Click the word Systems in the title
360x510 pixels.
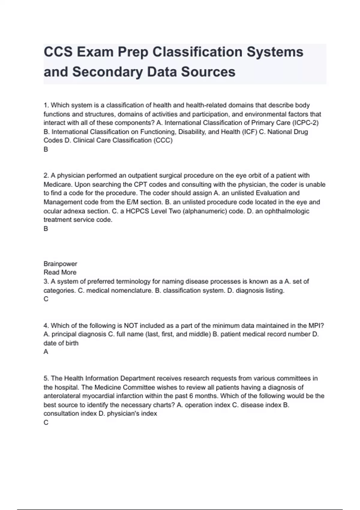tap(275, 52)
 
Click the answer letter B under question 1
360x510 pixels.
tap(46, 149)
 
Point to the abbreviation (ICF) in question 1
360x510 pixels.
tap(249, 132)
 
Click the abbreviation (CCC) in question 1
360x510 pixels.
tap(163, 140)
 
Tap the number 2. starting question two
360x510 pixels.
tap(46, 175)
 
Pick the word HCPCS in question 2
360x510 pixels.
tap(137, 211)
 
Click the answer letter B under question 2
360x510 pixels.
tap(46, 229)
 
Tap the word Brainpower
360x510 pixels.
tap(60, 264)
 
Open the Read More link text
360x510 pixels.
tap(60, 272)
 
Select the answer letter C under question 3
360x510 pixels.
tap(46, 299)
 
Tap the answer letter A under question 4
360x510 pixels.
tap(46, 352)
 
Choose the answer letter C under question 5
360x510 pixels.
tap(46, 423)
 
